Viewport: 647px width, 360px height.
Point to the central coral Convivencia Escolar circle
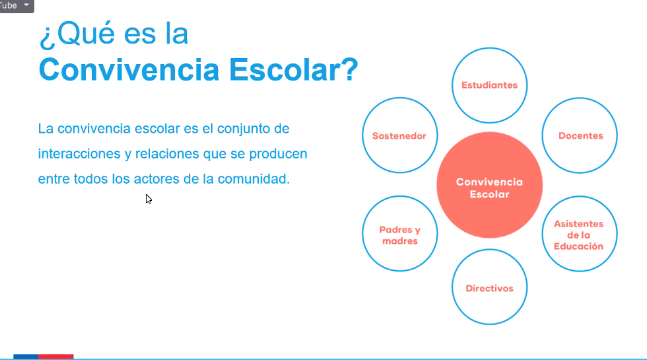tap(489, 185)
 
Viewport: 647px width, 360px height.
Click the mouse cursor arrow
tap(149, 199)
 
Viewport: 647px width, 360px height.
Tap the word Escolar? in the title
tap(293, 70)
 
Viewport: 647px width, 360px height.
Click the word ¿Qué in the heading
tap(77, 34)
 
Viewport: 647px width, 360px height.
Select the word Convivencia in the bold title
tap(129, 70)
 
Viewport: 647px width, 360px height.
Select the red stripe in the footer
tap(55, 357)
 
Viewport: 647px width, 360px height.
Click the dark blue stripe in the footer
tap(26, 357)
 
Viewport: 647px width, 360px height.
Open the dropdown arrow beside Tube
tap(26, 5)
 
